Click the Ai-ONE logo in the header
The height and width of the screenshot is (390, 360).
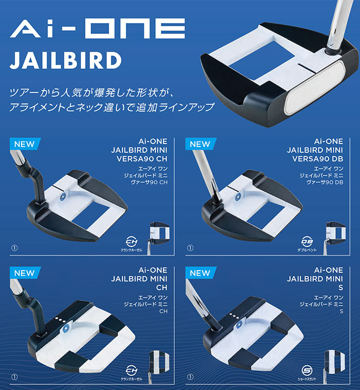[x=97, y=29]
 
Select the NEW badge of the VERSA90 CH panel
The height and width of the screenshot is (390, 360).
[x=24, y=144]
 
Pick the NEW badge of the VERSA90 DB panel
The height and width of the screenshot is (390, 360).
[x=200, y=144]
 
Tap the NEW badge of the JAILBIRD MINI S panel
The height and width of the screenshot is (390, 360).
[x=200, y=273]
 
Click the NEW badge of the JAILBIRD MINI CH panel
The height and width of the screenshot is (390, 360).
[x=24, y=273]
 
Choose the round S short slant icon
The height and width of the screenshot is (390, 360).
[x=307, y=370]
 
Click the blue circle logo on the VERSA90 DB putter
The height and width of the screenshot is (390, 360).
[x=238, y=197]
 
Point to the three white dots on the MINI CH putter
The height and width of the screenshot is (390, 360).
[x=60, y=320]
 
